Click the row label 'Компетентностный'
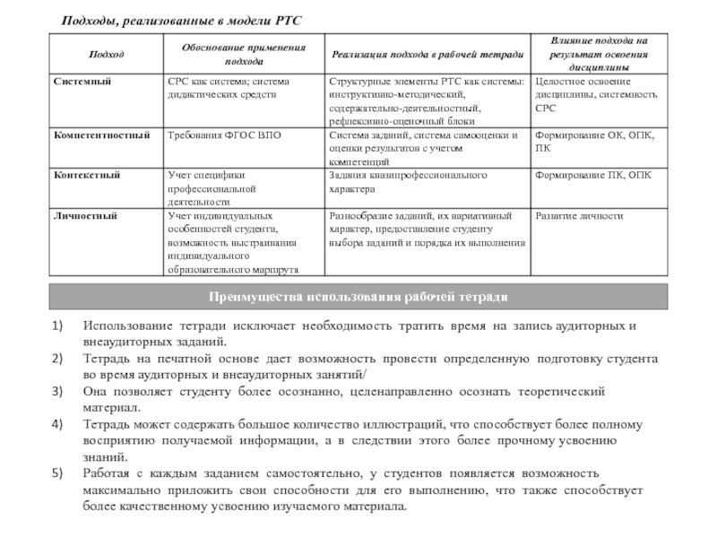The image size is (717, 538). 100,134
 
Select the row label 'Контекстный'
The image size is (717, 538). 87,175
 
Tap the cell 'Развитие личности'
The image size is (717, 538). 579,216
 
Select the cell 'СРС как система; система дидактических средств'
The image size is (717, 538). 236,87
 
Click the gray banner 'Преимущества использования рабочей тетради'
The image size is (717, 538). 358,296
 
